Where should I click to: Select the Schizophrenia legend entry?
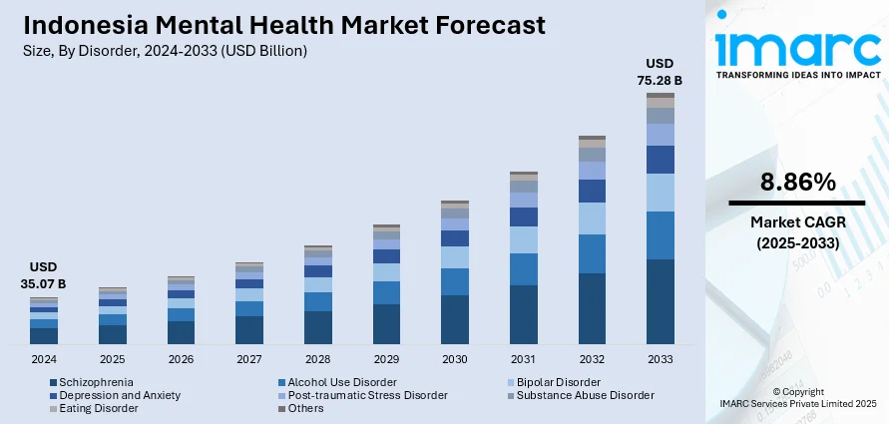tap(96, 382)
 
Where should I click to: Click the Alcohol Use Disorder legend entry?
tap(342, 382)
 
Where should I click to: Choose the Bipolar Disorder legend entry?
tap(559, 382)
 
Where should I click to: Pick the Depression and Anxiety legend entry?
tap(120, 395)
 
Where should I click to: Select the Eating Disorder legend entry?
tap(99, 408)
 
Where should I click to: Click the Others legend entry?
tap(306, 408)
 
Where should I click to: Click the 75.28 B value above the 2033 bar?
tap(660, 80)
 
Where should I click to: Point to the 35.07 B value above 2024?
tap(44, 284)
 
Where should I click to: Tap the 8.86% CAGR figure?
tap(797, 182)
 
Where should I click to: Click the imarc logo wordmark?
tap(797, 47)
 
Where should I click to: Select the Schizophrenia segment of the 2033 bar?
tap(660, 302)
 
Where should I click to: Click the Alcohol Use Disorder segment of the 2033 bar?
tap(660, 235)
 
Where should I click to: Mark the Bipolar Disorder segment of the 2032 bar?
tap(592, 218)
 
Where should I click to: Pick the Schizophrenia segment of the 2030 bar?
tap(455, 319)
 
